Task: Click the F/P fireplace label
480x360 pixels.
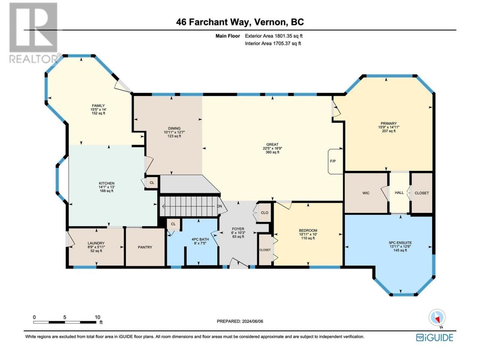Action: tap(333, 161)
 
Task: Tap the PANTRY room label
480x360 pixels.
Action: tap(145, 247)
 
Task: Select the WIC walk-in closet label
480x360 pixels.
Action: tap(366, 193)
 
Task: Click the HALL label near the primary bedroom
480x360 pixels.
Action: tap(399, 193)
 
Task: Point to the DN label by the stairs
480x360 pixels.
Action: tap(219, 206)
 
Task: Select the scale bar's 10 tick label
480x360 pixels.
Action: tap(97, 317)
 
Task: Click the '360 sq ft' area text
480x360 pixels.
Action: tap(272, 152)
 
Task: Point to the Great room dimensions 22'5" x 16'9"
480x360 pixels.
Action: tap(272, 148)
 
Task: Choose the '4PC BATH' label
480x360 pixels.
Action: tap(200, 239)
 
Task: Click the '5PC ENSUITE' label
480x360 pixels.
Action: tap(400, 243)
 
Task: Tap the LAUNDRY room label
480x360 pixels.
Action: tap(96, 243)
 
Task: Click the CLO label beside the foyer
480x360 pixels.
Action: tap(264, 213)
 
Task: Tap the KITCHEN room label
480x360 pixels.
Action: tap(106, 183)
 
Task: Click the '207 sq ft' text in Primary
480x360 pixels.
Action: tap(388, 131)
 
